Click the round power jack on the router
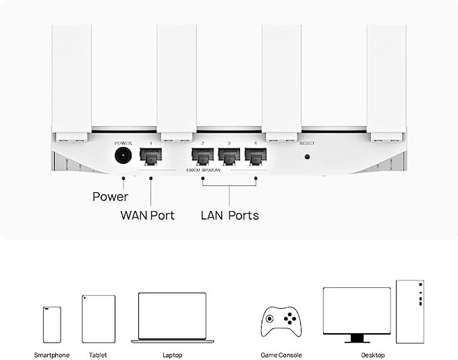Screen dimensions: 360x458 click(123, 156)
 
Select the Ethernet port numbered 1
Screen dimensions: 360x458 click(150, 157)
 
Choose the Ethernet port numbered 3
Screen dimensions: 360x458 click(229, 157)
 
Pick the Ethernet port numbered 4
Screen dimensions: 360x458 click(255, 157)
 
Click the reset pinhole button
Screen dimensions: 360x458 click(308, 157)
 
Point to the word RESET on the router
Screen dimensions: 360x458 click(307, 144)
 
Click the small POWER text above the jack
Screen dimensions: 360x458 click(123, 143)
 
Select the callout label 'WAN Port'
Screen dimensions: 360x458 click(147, 216)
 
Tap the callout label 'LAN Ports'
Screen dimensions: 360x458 click(229, 216)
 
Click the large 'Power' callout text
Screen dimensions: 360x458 click(110, 198)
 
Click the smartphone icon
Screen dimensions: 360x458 click(52, 325)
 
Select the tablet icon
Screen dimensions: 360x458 click(98, 319)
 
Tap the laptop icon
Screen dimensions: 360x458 click(172, 317)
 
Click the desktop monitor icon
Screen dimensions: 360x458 click(356, 313)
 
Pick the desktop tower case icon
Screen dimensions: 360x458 click(409, 311)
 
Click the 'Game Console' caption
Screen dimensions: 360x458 click(281, 355)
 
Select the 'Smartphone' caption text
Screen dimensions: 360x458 click(52, 355)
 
